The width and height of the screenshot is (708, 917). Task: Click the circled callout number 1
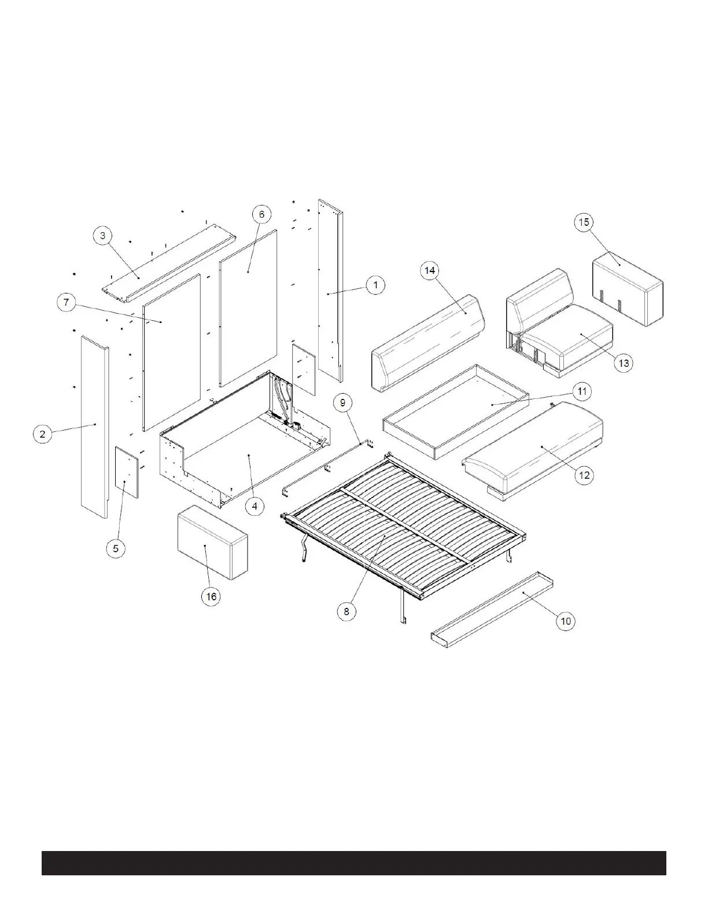[376, 285]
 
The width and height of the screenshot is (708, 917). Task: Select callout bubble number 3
[103, 236]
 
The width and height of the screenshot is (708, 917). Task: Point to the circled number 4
[254, 505]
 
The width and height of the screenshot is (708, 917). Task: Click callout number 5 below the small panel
[116, 548]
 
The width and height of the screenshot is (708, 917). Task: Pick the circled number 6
[261, 214]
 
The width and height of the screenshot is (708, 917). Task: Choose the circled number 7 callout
[67, 302]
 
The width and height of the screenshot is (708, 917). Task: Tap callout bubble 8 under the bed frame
[346, 611]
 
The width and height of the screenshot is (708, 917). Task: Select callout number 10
[566, 621]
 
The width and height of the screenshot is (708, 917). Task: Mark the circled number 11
[582, 392]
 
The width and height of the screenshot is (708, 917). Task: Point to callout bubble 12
[584, 475]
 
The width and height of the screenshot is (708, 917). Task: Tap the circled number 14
[430, 271]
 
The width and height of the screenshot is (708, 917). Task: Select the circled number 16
[212, 596]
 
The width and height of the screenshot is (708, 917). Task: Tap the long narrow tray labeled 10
[492, 608]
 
